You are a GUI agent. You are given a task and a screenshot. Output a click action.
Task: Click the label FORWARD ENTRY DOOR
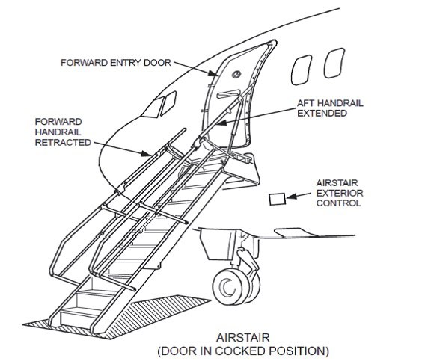point(115,63)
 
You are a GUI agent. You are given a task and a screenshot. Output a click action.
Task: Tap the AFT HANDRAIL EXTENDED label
point(330,108)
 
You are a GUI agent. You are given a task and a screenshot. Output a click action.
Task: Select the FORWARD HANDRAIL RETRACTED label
point(63,132)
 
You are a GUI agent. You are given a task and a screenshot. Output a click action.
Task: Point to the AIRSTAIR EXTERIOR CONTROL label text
point(340,193)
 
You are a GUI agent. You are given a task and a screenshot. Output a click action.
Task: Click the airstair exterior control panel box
point(278,199)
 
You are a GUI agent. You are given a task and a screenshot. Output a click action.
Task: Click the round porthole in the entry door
point(236,74)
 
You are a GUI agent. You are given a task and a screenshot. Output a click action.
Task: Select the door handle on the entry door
point(228,93)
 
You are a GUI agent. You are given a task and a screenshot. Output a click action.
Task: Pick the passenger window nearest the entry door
point(302,70)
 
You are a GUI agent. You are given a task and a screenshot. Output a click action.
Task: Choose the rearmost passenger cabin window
point(334,63)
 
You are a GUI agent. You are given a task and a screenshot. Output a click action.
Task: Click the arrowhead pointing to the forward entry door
point(214,73)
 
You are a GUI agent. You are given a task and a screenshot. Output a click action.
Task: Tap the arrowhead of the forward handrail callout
point(146,153)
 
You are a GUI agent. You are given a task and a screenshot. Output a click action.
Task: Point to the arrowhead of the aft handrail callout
point(221,123)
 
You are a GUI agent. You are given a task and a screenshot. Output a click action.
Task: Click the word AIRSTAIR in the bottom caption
point(243,338)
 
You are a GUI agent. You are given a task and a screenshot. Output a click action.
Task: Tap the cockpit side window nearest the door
point(168,103)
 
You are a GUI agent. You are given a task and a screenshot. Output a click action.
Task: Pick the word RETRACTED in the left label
point(63,142)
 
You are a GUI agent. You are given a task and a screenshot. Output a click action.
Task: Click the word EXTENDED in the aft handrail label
point(322,113)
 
